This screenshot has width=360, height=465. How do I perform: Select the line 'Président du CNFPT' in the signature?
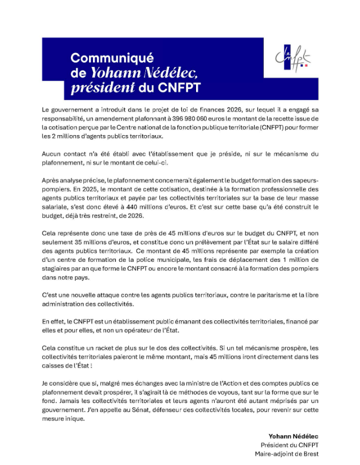pyautogui.click(x=288, y=445)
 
